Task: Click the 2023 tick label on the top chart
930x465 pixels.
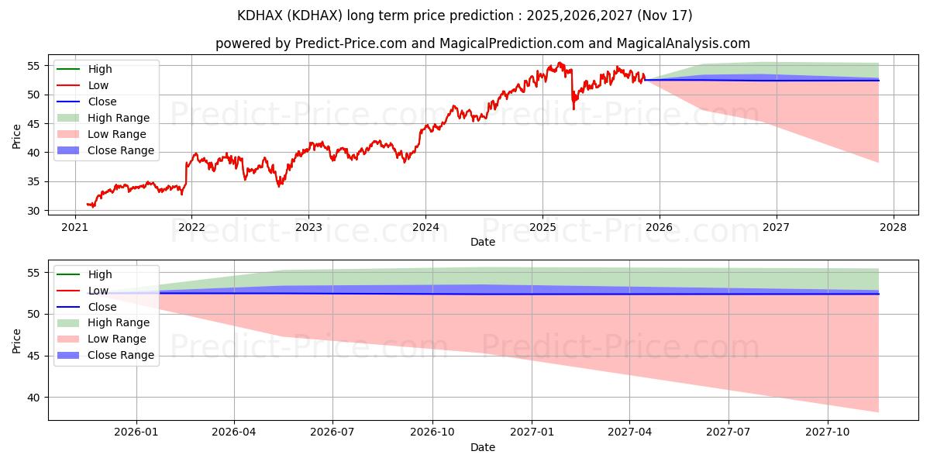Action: (308, 227)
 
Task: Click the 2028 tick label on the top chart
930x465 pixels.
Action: (893, 227)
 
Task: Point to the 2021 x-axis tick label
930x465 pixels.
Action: (74, 227)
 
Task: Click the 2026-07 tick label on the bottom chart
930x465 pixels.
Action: (332, 432)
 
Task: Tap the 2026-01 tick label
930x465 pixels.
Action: (136, 432)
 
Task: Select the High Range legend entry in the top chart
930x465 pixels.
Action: (119, 118)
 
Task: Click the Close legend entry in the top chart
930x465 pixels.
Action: (102, 102)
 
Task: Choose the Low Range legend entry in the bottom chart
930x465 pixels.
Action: (117, 339)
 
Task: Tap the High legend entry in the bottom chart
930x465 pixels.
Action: (100, 274)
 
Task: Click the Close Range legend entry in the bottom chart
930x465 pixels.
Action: (121, 355)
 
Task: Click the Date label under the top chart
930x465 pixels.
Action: (483, 242)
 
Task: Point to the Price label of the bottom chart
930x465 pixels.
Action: (17, 340)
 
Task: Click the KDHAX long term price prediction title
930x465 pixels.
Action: (465, 15)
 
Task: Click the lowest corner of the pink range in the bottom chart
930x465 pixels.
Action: (878, 412)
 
